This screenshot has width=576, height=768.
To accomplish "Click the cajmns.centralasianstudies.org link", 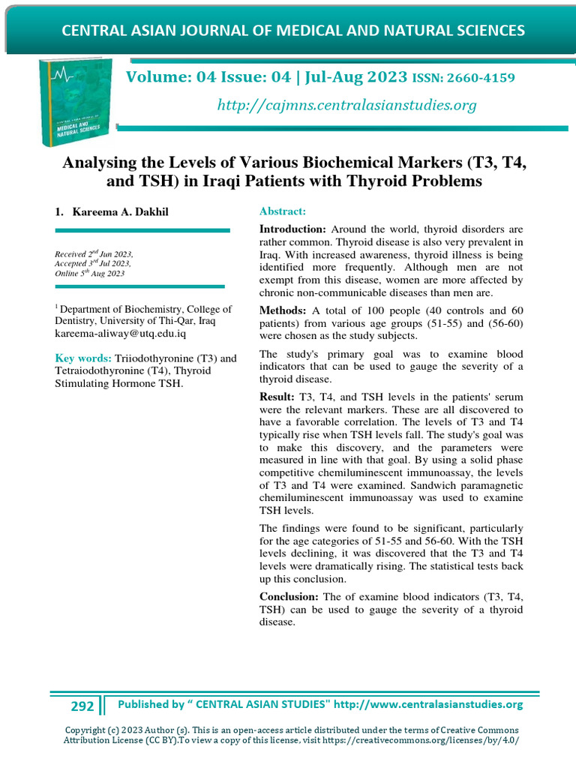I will pos(346,106).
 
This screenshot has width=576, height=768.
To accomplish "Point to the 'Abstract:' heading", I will pos(282,212).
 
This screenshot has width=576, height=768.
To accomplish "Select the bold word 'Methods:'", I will pos(283,310).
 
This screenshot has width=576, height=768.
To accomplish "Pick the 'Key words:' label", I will pos(83,358).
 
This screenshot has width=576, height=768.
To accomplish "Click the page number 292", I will pos(82,706).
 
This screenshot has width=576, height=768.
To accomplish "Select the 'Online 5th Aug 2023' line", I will pos(90,274).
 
